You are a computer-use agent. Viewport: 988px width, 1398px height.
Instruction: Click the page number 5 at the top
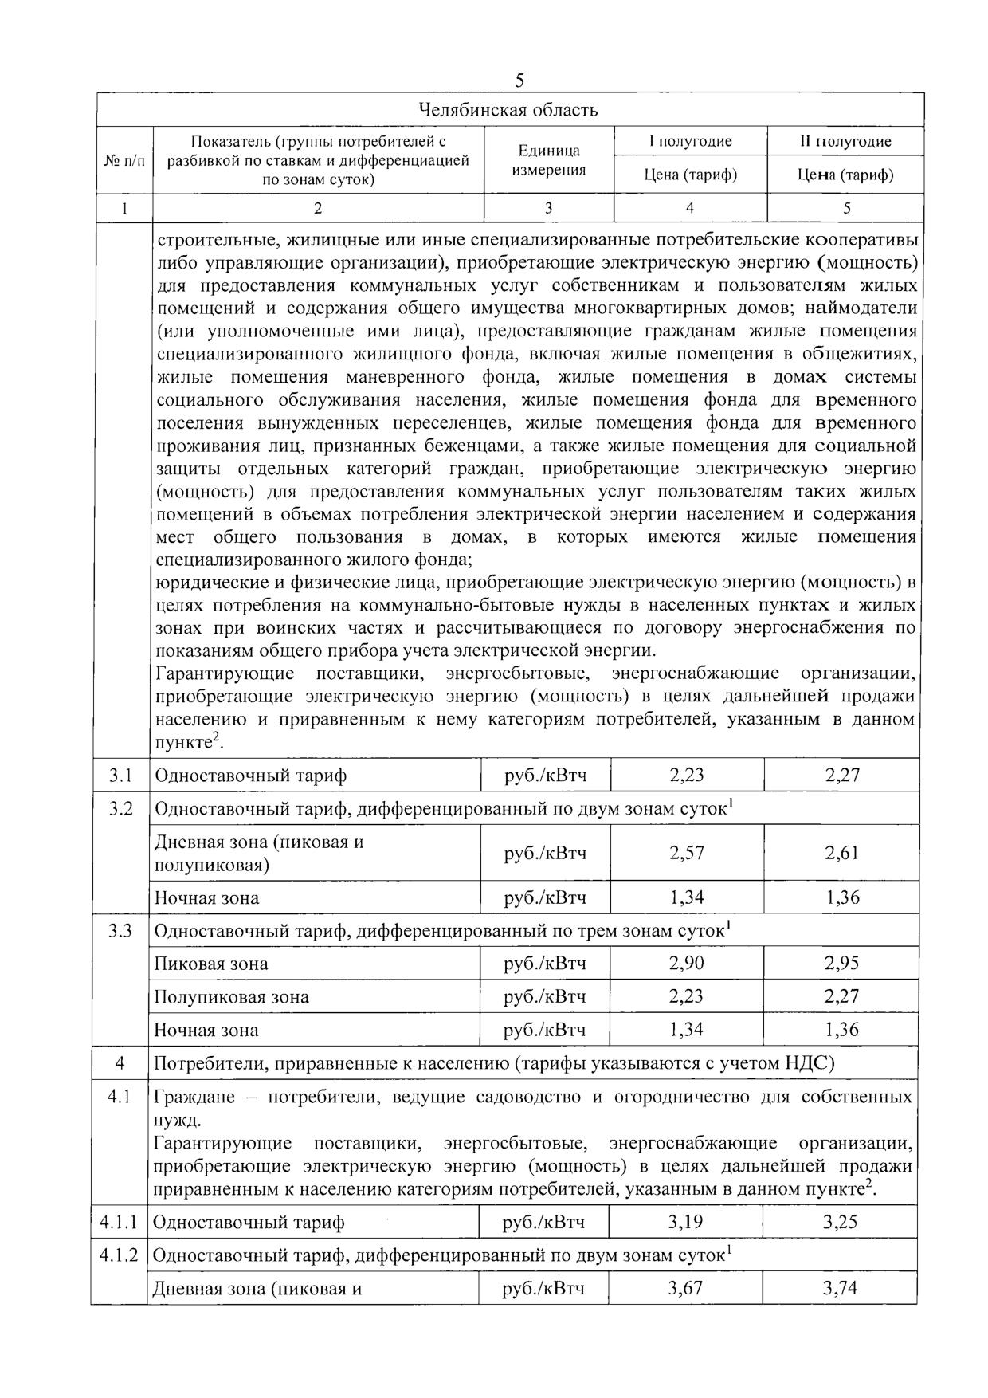tap(519, 81)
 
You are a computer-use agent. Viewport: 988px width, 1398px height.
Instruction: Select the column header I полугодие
tap(690, 142)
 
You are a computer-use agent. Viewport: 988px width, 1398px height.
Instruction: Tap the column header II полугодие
tap(845, 142)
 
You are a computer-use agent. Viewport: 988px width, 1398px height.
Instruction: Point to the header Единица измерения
tap(549, 160)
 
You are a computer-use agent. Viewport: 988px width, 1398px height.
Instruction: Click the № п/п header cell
tap(125, 160)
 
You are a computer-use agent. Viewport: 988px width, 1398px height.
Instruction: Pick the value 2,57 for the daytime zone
tap(687, 853)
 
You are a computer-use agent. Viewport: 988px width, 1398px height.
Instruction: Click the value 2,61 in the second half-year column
tap(842, 853)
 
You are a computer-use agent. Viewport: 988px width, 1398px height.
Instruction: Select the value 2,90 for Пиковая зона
tap(687, 964)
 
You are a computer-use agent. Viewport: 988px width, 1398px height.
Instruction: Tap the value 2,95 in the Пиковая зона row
tap(842, 964)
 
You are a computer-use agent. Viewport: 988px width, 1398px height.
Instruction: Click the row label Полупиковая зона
tap(232, 997)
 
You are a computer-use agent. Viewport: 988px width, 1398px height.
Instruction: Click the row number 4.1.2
tap(119, 1255)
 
